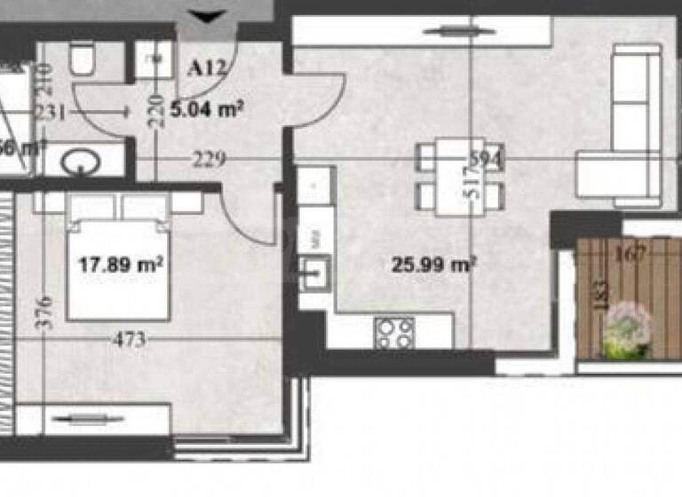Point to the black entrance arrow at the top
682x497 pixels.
209,16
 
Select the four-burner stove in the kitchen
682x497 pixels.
395,333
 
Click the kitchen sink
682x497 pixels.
315,271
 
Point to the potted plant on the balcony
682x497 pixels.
627,330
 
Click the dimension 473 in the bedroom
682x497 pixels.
131,339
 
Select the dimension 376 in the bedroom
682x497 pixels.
47,312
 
